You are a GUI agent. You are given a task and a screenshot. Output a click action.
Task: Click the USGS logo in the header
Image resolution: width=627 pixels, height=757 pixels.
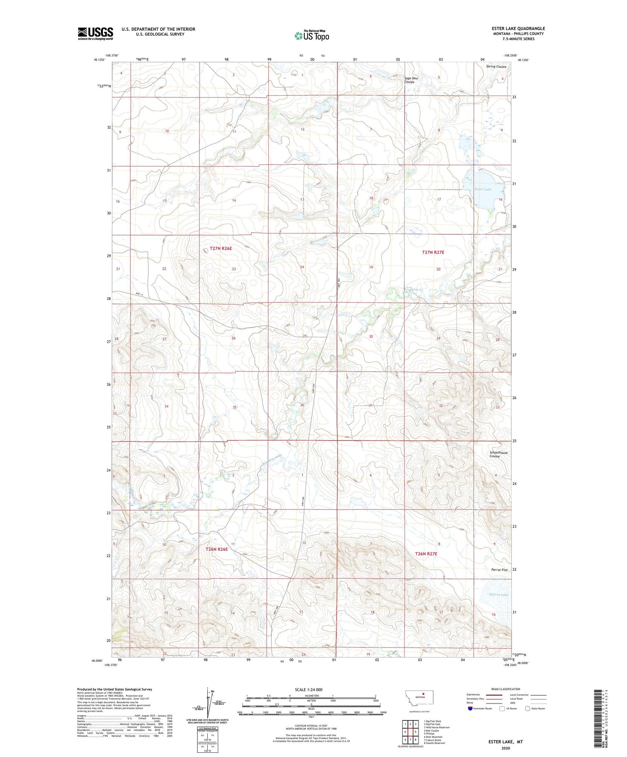pyautogui.click(x=95, y=33)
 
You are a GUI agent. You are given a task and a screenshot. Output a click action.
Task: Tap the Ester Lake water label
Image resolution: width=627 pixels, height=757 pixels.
pyautogui.click(x=483, y=189)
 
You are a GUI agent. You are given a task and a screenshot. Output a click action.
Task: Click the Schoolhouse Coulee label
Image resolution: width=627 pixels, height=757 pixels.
pyautogui.click(x=498, y=454)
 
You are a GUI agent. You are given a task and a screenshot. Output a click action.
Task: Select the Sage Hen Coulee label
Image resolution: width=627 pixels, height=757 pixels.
pyautogui.click(x=410, y=80)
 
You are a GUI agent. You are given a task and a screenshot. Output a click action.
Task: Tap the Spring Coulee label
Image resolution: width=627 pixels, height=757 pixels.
pyautogui.click(x=496, y=67)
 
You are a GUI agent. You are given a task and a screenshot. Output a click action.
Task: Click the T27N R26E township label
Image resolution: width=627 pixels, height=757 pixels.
pyautogui.click(x=221, y=248)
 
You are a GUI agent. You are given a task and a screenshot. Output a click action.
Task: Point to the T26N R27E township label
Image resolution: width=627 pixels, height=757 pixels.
pyautogui.click(x=426, y=554)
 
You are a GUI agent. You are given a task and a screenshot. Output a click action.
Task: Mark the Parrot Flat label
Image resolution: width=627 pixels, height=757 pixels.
pyautogui.click(x=499, y=570)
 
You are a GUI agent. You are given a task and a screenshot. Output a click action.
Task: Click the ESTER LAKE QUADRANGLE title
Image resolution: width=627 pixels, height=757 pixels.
pyautogui.click(x=518, y=28)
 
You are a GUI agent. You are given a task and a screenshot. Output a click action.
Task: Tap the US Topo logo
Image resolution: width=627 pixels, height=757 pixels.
pyautogui.click(x=312, y=36)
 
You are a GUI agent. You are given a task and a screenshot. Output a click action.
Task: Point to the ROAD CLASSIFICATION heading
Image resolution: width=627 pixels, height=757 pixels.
pyautogui.click(x=505, y=689)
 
